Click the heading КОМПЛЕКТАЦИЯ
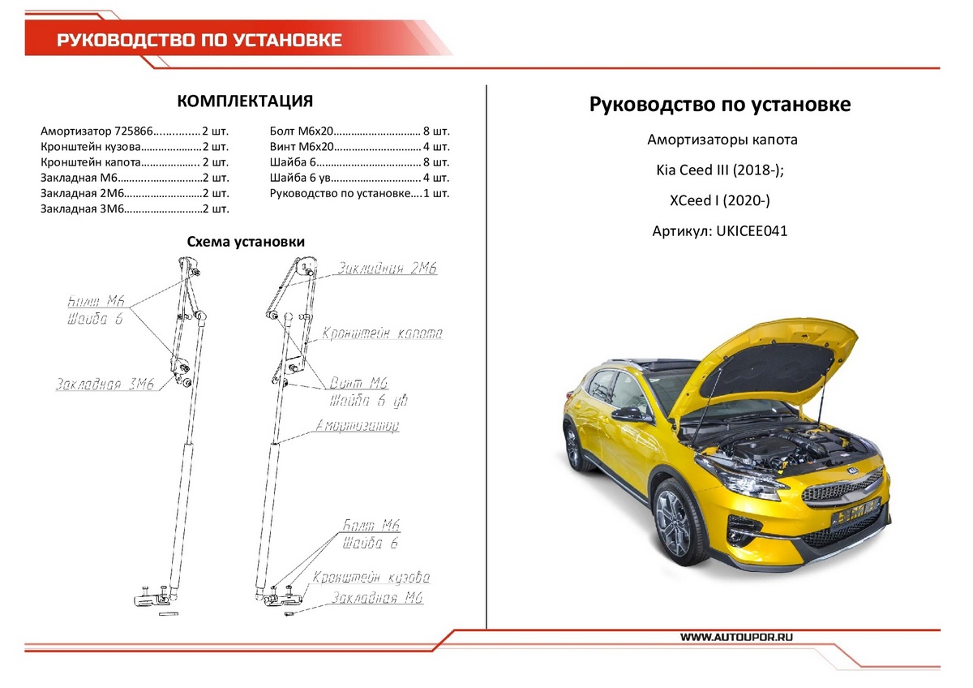click(245, 101)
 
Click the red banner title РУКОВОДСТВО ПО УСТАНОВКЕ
click(199, 41)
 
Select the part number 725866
click(133, 131)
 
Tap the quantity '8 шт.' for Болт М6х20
click(436, 131)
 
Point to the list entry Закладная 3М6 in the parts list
click(81, 209)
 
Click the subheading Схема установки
click(246, 242)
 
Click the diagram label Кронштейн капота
click(382, 333)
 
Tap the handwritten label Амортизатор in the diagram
click(358, 426)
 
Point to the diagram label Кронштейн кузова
click(371, 578)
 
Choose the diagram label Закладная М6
click(376, 599)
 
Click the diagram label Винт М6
click(359, 383)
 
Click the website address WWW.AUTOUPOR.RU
click(736, 638)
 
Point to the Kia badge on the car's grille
click(851, 471)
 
